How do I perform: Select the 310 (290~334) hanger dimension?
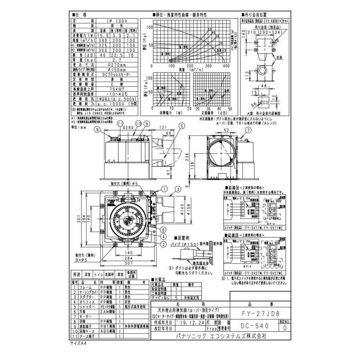point(262,31)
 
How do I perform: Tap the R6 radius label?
point(251,103)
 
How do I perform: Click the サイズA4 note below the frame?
point(80,343)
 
